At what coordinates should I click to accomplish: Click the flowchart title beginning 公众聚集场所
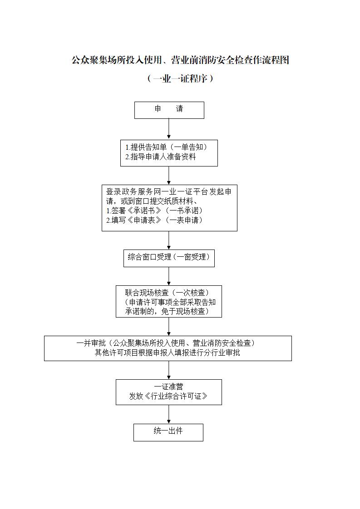180,60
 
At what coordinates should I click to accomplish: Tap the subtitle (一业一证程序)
180,78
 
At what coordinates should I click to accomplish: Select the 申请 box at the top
169,110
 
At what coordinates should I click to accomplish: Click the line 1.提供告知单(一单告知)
167,147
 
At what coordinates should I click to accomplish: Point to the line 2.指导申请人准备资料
161,157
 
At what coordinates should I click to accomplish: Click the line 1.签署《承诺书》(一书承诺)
154,210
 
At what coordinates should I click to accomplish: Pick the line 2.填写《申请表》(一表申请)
154,220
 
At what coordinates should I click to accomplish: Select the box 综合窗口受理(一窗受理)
169,257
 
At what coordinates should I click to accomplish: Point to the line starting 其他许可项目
168,352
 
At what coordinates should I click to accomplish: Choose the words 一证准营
168,387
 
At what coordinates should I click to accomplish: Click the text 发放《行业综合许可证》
168,396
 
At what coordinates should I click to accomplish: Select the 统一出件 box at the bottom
168,432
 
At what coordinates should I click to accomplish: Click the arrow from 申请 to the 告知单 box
169,129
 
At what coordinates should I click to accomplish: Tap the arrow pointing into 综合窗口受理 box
169,240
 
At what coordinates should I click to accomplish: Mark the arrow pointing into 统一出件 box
169,414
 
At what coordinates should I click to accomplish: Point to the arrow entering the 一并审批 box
169,327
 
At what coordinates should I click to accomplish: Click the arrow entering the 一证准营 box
169,370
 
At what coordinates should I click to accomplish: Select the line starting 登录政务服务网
169,191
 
